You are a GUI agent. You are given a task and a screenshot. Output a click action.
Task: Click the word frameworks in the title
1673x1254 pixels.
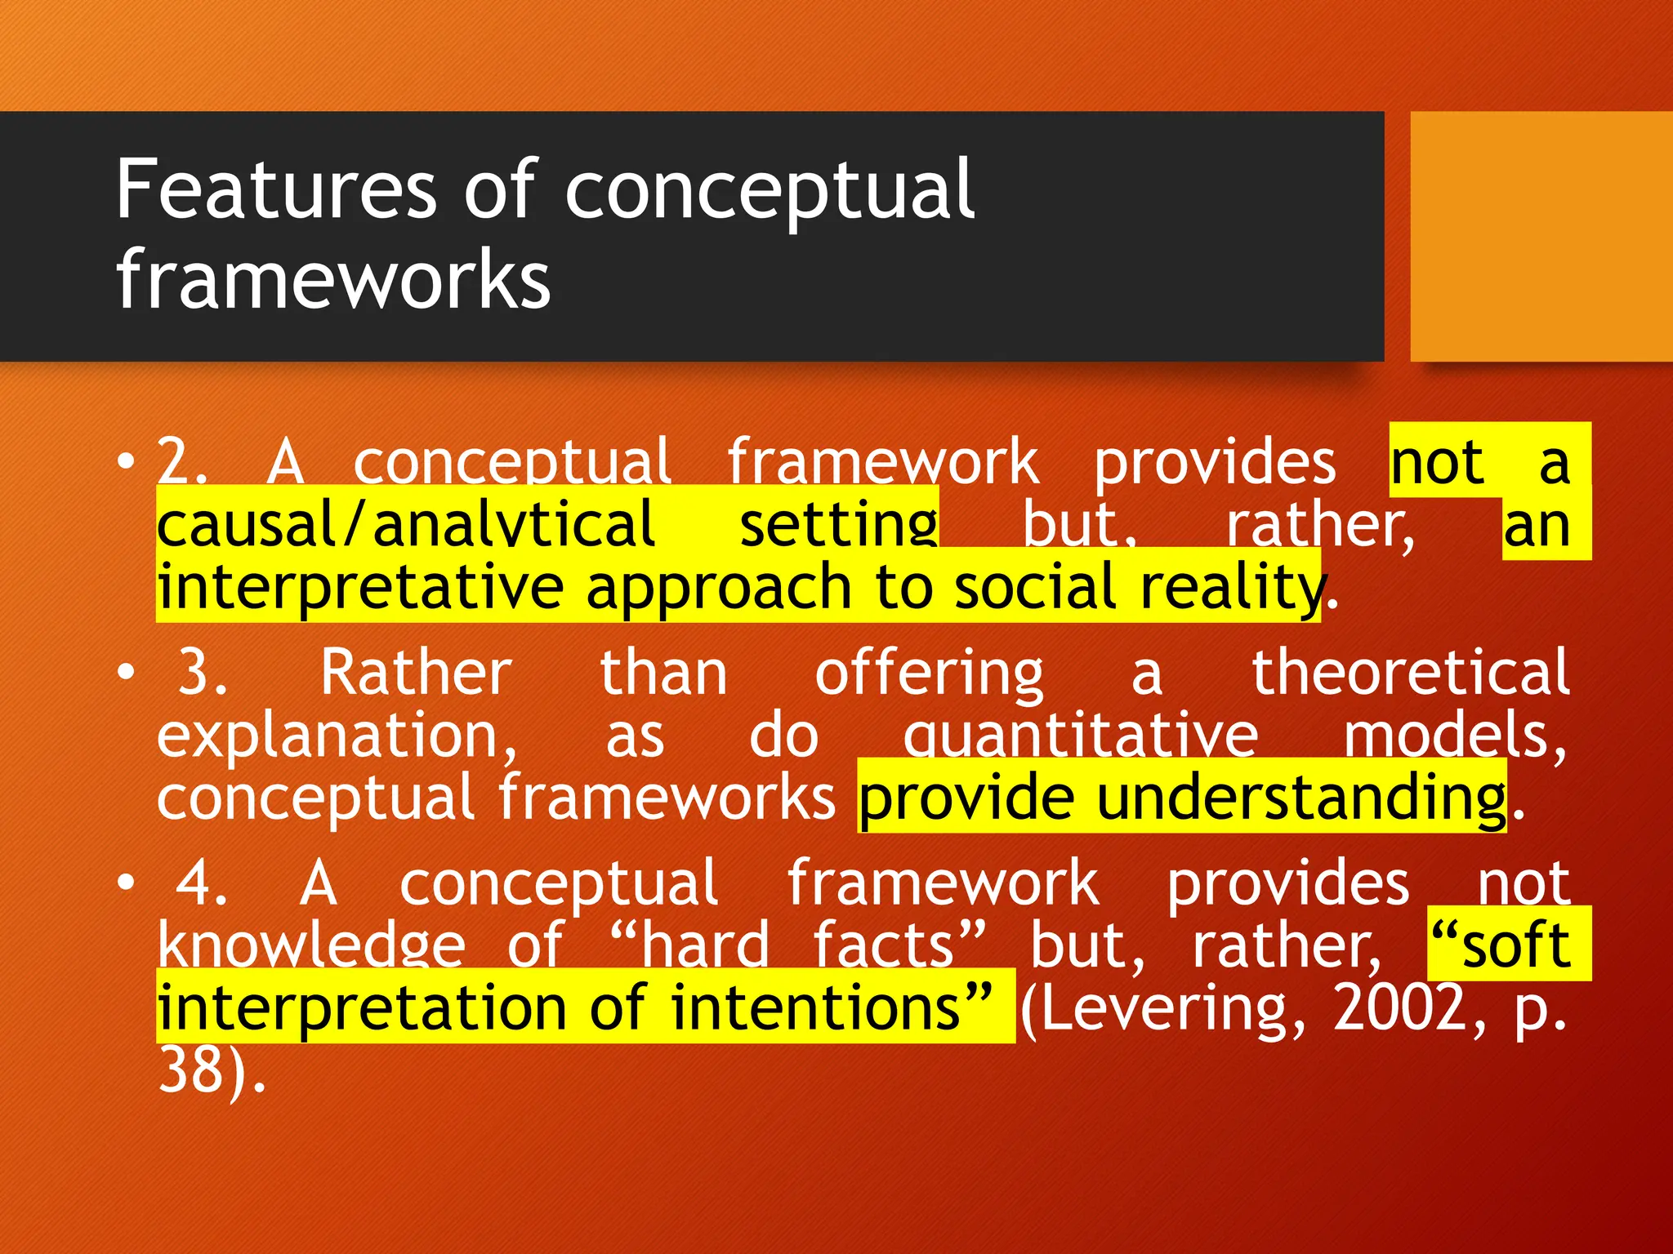click(x=333, y=280)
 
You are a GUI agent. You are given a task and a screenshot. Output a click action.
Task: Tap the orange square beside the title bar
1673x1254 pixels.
click(x=1541, y=236)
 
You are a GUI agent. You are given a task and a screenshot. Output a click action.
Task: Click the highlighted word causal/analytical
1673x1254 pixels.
click(x=405, y=525)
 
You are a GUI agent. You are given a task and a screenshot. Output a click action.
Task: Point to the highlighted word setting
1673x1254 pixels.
click(x=838, y=525)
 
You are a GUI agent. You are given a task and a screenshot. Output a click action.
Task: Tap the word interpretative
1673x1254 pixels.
click(x=360, y=587)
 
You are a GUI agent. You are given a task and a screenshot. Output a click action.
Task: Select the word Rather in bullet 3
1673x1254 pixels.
click(x=416, y=673)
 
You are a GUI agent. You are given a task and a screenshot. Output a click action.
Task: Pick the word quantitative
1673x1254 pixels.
click(x=1080, y=736)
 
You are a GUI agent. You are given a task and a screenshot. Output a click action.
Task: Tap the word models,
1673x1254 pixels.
click(x=1455, y=736)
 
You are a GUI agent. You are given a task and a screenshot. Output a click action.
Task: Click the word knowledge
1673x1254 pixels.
click(x=311, y=945)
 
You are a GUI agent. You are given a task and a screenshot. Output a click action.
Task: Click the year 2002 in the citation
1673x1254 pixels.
click(x=1399, y=1008)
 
